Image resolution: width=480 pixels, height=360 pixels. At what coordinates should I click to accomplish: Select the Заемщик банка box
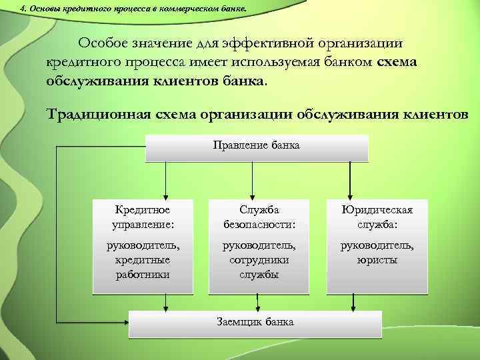click(255, 323)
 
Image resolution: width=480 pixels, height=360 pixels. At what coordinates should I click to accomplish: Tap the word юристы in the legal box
click(377, 260)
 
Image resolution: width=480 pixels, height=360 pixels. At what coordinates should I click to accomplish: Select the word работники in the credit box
click(142, 274)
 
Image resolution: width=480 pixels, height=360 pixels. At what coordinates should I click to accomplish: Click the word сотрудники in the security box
click(259, 260)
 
